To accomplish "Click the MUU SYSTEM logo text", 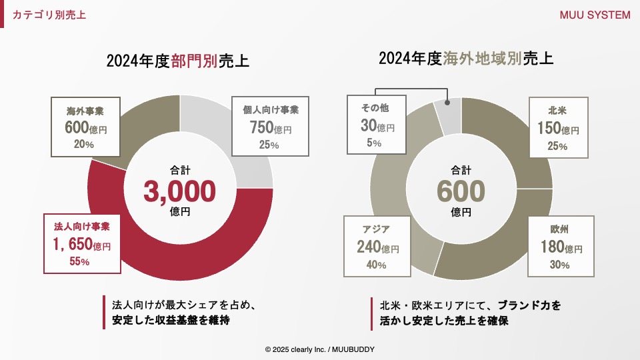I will [595, 15].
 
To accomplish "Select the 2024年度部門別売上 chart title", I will [177, 61].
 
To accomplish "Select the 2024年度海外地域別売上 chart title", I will [466, 58].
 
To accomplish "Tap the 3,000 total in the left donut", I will [180, 191].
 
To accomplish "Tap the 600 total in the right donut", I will [461, 191].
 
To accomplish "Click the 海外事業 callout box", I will [84, 125].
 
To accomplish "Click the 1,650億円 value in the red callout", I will [82, 245].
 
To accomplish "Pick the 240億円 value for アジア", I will [377, 247].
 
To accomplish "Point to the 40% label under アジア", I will [376, 265].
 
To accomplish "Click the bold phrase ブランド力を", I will [529, 305].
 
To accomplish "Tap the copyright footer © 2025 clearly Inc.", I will [319, 349].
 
